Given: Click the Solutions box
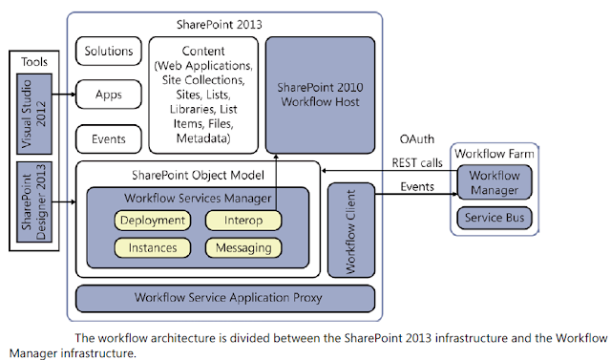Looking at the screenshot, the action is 109,51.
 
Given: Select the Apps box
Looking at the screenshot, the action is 109,95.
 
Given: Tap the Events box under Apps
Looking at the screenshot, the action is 109,139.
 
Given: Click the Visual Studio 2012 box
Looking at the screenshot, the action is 34,114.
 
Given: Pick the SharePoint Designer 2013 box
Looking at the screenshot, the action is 34,201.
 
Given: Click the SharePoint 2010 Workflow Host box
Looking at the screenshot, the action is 321,95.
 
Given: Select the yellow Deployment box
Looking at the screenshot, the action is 153,221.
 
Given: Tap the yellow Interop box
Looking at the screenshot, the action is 243,221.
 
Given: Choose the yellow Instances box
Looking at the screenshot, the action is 153,247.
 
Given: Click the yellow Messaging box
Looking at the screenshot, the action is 243,247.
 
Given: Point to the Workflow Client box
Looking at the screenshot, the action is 351,230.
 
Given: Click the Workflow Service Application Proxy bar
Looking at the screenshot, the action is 225,299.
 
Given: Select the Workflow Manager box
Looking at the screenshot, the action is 495,182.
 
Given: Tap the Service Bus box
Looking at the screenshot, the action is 495,218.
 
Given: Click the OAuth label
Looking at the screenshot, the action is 417,139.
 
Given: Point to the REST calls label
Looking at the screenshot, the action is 417,162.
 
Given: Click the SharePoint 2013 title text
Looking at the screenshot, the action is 220,25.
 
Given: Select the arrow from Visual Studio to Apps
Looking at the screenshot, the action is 64,95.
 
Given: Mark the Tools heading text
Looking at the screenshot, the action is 34,62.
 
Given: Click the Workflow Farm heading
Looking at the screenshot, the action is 495,154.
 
